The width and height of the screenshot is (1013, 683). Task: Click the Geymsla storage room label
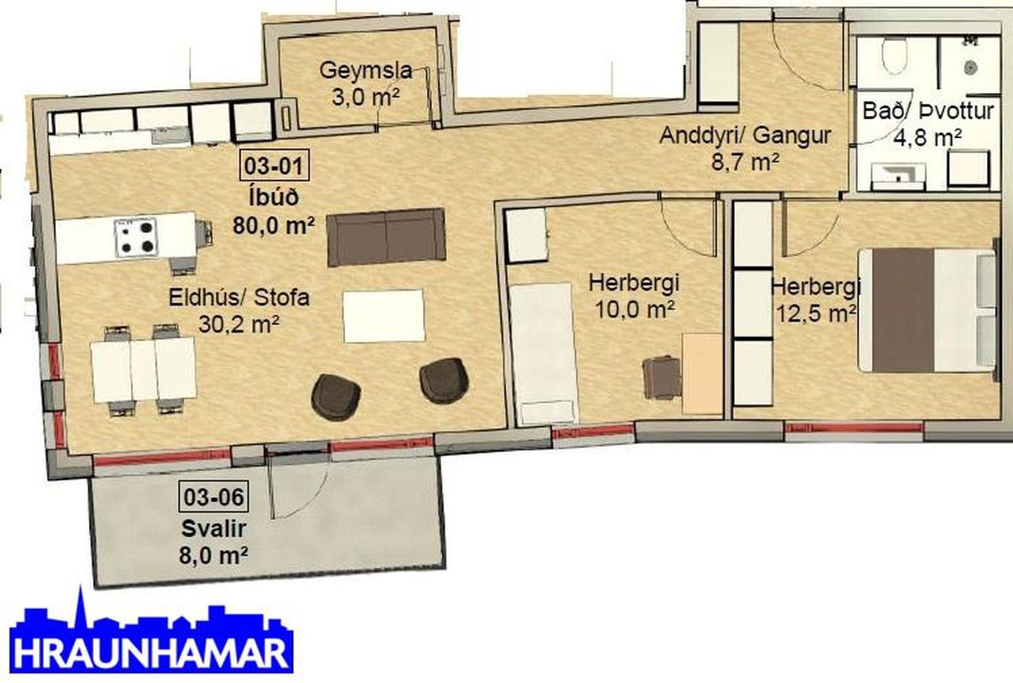(365, 71)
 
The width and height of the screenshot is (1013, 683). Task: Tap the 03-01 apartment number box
(274, 165)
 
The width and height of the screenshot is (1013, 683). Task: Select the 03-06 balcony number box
(213, 496)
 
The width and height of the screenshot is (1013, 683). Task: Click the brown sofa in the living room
(386, 237)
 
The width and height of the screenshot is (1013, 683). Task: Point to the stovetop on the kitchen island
(135, 237)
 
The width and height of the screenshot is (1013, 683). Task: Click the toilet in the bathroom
(894, 55)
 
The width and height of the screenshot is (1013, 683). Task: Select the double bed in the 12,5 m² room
(928, 310)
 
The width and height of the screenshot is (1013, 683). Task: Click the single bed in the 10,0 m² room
(543, 354)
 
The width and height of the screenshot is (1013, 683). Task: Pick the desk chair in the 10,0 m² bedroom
(661, 378)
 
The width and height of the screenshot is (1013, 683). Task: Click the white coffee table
(384, 316)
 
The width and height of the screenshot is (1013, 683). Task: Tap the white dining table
(143, 369)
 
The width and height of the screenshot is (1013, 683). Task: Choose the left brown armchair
(336, 397)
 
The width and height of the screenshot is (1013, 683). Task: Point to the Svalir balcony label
(213, 529)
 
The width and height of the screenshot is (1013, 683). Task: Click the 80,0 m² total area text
(273, 225)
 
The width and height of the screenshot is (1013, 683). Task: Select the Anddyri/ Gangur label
(745, 135)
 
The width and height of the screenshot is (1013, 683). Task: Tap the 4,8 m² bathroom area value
(927, 138)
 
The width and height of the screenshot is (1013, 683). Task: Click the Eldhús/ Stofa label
(239, 297)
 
